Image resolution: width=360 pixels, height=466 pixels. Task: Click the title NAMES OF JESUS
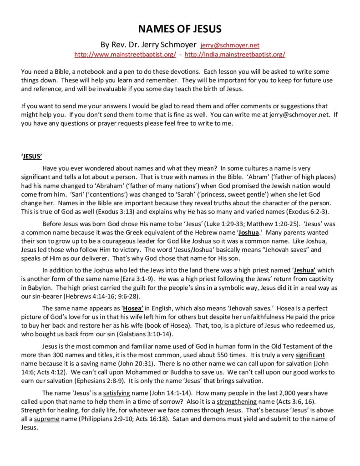coord(180,30)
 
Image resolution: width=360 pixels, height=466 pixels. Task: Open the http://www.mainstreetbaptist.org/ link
coord(125,55)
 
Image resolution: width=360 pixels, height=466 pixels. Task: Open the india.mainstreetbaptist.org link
coord(235,55)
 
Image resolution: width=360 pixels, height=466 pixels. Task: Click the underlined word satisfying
coord(118,392)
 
